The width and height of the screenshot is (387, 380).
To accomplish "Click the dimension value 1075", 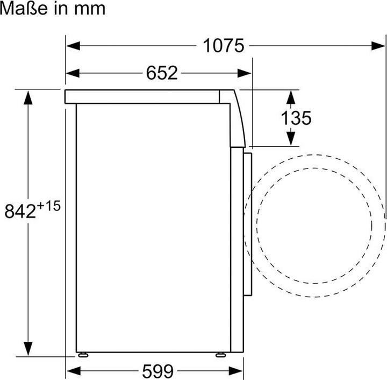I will pos(224,46).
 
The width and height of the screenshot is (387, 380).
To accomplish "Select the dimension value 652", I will pos(162,73).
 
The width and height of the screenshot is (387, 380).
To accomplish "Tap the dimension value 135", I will pos(296,118).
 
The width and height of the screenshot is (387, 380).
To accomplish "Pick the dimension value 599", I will pos(158,371).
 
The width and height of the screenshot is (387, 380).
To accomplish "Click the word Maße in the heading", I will pos(22,9).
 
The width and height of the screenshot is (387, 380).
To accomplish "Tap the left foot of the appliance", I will pos(83,355).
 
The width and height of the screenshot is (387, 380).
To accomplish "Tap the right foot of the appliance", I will pos(220,355).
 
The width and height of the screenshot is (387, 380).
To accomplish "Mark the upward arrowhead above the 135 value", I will pos(290,97).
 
